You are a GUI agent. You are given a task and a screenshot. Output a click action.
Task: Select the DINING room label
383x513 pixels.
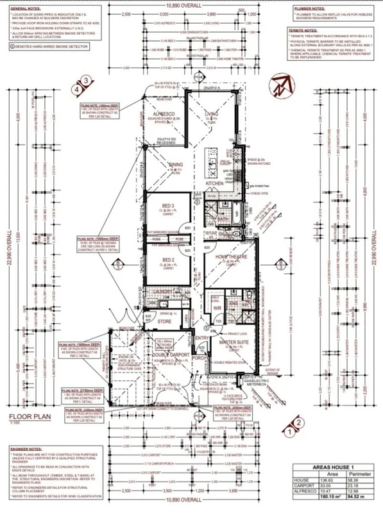tap(176, 165)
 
